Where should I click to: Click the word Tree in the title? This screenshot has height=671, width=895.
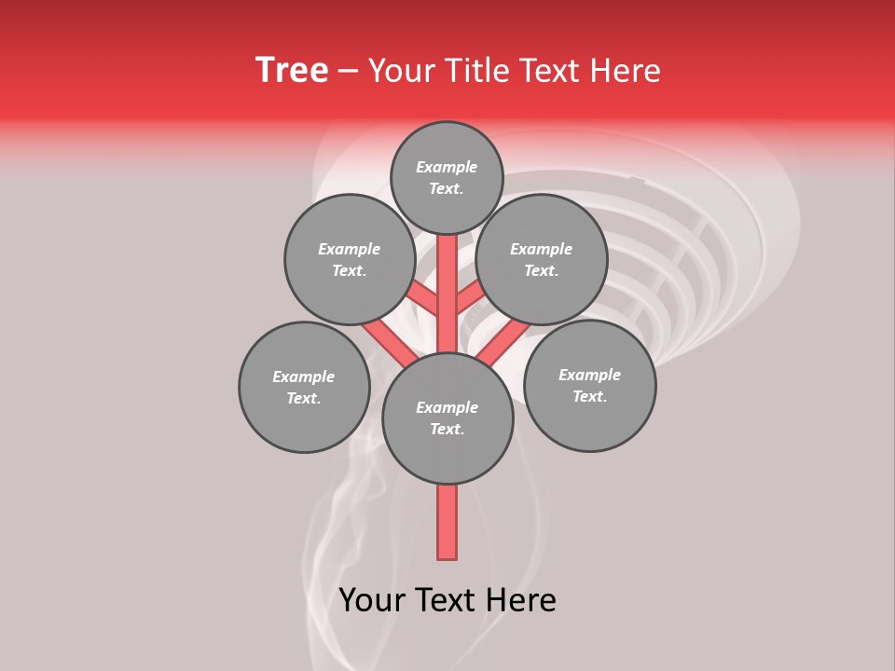click(292, 71)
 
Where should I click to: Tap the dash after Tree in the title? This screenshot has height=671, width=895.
click(348, 72)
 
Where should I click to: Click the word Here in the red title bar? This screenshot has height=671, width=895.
click(625, 71)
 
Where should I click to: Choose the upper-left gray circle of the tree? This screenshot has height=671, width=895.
click(349, 259)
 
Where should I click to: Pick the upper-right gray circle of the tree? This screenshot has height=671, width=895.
click(541, 259)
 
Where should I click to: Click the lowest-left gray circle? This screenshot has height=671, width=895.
click(304, 387)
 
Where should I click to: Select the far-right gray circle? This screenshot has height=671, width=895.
click(589, 385)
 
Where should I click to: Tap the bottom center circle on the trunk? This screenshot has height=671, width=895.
click(447, 418)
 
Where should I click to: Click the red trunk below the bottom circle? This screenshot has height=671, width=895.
click(447, 522)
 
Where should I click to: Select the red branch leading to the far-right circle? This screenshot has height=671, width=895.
click(503, 343)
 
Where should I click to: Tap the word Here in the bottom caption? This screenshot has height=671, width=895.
click(523, 600)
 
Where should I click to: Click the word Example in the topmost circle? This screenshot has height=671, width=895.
click(447, 167)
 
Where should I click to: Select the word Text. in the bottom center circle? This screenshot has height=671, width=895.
click(447, 429)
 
